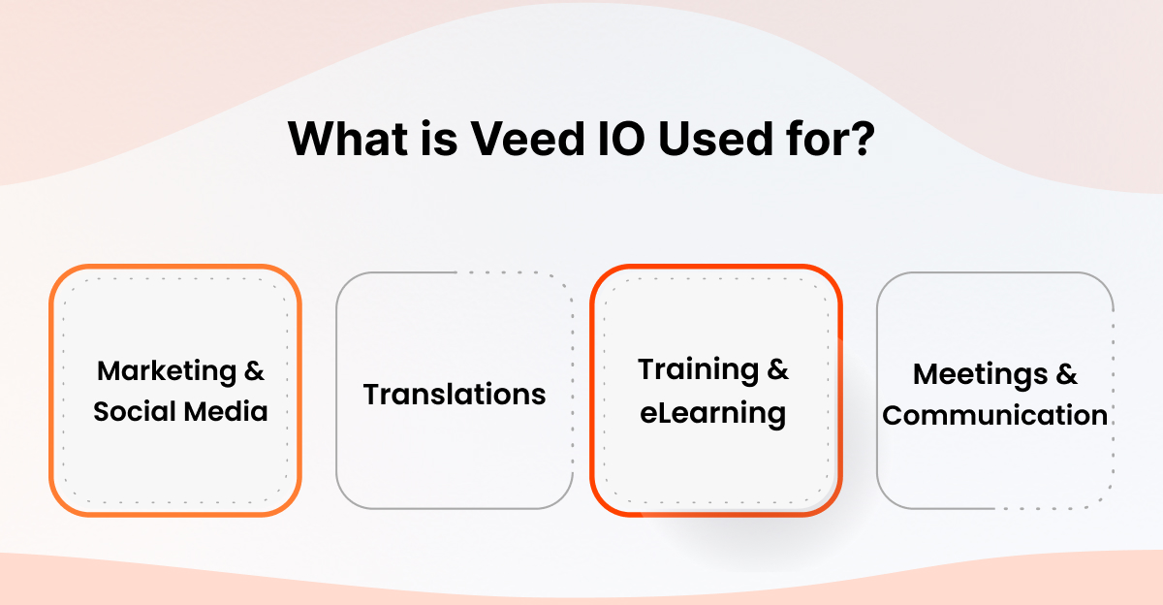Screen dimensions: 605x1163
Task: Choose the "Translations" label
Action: [455, 395]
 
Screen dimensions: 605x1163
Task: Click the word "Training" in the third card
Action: [698, 369]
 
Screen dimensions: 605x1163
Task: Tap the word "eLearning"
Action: [714, 414]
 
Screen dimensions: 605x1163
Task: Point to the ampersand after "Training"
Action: [778, 369]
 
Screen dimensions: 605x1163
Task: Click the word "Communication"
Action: [995, 415]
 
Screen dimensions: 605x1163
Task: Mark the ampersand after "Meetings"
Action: [1067, 374]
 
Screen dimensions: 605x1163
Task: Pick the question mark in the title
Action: [864, 138]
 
